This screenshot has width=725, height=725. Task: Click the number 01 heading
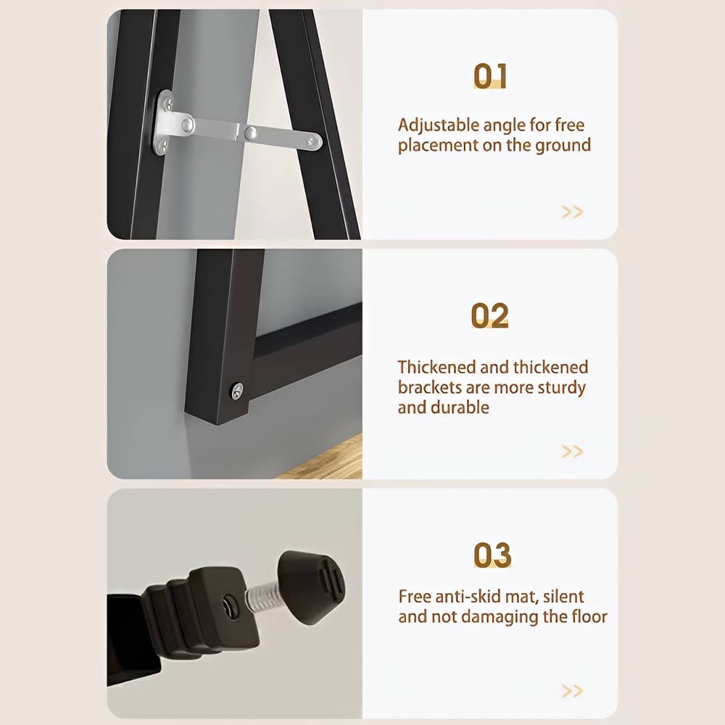click(490, 76)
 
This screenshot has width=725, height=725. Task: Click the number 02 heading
click(489, 316)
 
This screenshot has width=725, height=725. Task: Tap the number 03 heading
click(492, 555)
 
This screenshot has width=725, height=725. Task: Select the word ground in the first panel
click(563, 146)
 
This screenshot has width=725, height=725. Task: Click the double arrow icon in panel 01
click(573, 212)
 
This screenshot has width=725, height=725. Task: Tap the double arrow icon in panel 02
click(573, 451)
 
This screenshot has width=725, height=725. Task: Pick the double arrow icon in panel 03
click(573, 691)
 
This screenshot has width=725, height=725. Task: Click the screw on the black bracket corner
click(237, 391)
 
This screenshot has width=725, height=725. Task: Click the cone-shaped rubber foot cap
click(311, 587)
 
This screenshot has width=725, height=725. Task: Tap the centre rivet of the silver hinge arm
click(250, 133)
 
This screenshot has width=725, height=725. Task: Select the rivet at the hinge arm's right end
click(312, 141)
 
